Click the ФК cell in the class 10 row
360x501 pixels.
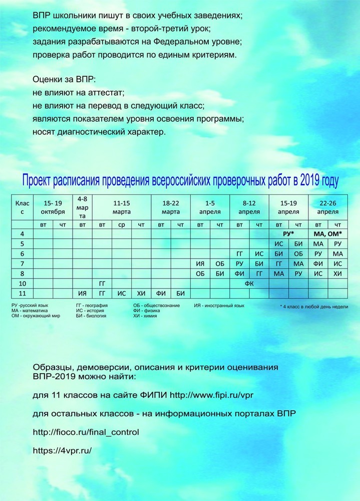pyautogui.click(x=249, y=283)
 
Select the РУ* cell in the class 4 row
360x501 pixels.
pyautogui.click(x=288, y=234)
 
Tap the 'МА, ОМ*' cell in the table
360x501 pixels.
pyautogui.click(x=328, y=234)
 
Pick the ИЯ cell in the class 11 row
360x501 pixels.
pyautogui.click(x=82, y=293)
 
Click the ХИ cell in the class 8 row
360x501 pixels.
pyautogui.click(x=338, y=273)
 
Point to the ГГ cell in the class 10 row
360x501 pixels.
pyautogui.click(x=102, y=283)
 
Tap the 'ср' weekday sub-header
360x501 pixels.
pyautogui.click(x=122, y=224)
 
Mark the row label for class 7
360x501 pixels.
pyautogui.click(x=22, y=264)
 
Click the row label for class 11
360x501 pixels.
pyautogui.click(x=22, y=293)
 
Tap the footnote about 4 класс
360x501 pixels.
pyautogui.click(x=314, y=306)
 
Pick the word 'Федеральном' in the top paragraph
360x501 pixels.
pyautogui.click(x=159, y=41)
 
